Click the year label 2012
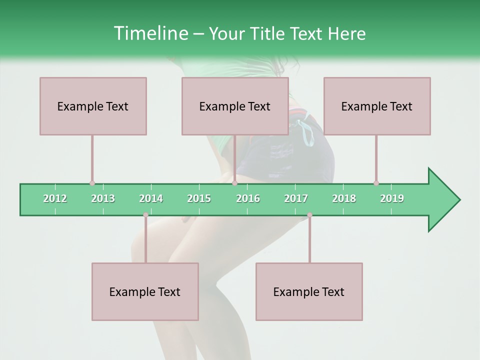click(55, 198)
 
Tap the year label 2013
click(103, 198)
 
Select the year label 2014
click(151, 198)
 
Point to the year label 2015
click(199, 198)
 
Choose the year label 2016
click(248, 198)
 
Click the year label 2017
click(296, 198)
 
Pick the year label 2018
click(344, 198)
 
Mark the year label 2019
click(392, 198)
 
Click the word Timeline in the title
click(149, 33)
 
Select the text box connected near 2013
click(93, 106)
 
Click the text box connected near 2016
click(235, 106)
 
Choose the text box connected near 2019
click(377, 106)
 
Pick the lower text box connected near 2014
click(145, 291)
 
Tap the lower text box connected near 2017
click(309, 291)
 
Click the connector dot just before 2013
click(92, 183)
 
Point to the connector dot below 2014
click(145, 215)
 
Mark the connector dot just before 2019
click(376, 183)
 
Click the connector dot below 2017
click(309, 215)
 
